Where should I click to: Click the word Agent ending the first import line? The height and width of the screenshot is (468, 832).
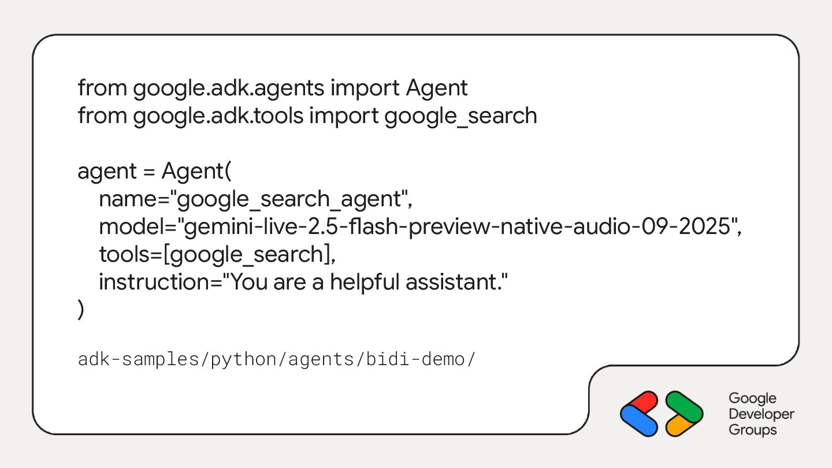[436, 88]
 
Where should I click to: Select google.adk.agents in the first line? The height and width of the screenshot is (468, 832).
[229, 88]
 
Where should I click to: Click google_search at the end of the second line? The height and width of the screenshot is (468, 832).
[460, 116]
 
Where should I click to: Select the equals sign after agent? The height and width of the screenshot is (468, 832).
[149, 172]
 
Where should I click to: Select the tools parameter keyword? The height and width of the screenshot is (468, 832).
[120, 254]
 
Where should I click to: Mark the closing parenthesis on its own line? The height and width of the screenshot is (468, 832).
[81, 310]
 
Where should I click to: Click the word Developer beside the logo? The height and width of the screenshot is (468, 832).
[762, 414]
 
